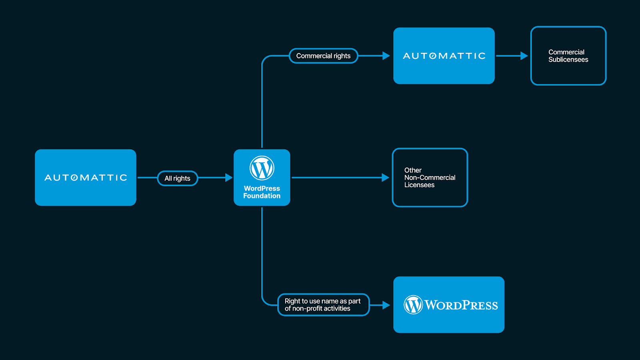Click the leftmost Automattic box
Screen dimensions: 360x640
click(x=86, y=178)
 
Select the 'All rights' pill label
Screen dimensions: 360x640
click(x=178, y=178)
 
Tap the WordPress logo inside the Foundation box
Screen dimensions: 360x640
click(x=262, y=168)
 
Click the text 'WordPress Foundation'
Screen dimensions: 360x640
click(x=262, y=192)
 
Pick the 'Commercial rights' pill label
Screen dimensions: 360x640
click(x=323, y=56)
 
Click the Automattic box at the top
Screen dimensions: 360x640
click(x=444, y=56)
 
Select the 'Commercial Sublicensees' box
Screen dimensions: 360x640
click(x=568, y=56)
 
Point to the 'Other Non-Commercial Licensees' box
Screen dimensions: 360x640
click(x=430, y=178)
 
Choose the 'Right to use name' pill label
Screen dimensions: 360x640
click(x=323, y=305)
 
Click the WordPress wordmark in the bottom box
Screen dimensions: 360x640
click(x=461, y=305)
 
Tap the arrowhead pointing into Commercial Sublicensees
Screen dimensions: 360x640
click(x=524, y=56)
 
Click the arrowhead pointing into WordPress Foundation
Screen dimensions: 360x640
click(x=229, y=178)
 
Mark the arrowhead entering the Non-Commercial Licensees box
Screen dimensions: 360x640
click(x=386, y=178)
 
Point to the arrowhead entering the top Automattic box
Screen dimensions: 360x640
click(x=386, y=56)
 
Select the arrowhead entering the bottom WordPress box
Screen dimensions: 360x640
click(x=386, y=305)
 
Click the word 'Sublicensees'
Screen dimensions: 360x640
click(x=568, y=60)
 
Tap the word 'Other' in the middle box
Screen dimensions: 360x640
click(x=413, y=170)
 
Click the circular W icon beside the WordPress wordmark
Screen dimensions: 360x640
click(x=413, y=305)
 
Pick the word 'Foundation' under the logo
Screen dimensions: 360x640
click(x=262, y=196)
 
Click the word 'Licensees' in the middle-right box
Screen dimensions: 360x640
click(x=419, y=185)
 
